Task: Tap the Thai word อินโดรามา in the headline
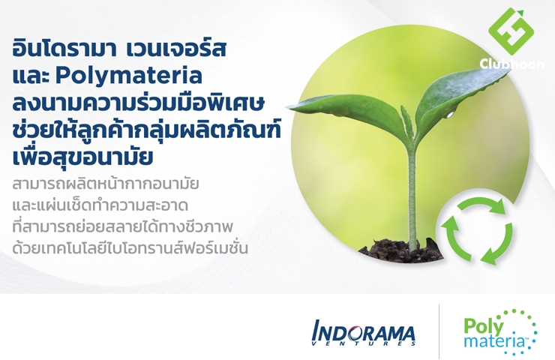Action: point(64,49)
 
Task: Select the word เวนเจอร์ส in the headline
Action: point(176,49)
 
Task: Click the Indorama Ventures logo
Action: point(363,333)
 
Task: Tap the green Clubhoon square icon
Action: point(511,31)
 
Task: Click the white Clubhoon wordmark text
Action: point(511,64)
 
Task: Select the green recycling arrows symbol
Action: point(477,231)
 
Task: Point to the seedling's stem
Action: point(412,195)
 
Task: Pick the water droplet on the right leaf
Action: point(450,114)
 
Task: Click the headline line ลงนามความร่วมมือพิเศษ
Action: point(139,103)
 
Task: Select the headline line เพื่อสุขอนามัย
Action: point(82,157)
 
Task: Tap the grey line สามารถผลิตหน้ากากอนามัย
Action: point(106,184)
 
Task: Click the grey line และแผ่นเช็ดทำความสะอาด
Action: point(100,205)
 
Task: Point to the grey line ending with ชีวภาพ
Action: point(122,226)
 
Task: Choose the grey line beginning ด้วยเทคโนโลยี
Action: point(130,247)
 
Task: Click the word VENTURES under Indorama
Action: point(364,343)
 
